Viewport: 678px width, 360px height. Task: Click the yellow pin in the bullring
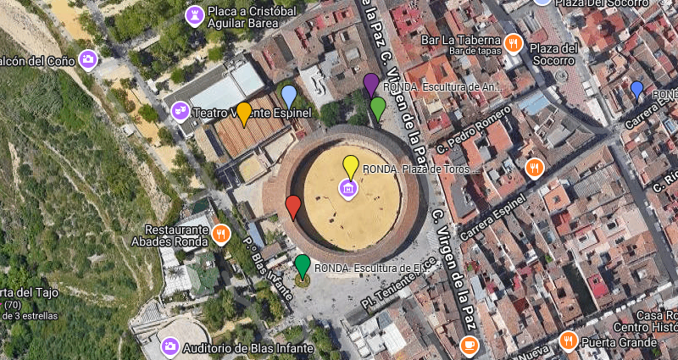[x=350, y=166]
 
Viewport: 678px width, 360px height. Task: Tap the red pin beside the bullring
[x=293, y=207]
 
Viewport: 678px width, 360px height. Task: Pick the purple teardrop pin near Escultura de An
[x=370, y=85]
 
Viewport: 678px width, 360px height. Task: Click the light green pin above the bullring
[x=378, y=108]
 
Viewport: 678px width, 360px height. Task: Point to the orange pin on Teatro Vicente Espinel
[x=243, y=113]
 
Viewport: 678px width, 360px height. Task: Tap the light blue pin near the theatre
[x=289, y=97]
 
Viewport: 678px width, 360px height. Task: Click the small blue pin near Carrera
[x=637, y=88]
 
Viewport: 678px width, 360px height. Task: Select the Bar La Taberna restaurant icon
[x=512, y=43]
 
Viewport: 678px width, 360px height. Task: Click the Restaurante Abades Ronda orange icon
[x=220, y=234]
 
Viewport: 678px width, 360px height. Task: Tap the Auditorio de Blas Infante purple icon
[x=169, y=346]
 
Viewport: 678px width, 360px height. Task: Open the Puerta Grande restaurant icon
[x=568, y=341]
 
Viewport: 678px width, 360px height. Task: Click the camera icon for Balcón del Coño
[x=87, y=59]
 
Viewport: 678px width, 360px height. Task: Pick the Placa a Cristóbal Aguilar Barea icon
[x=195, y=15]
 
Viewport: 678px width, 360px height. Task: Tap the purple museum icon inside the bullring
[x=347, y=187]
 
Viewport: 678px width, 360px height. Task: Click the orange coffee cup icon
[x=469, y=346]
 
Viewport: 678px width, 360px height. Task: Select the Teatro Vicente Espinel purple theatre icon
[x=180, y=110]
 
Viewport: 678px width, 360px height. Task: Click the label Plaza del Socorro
[x=553, y=54]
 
